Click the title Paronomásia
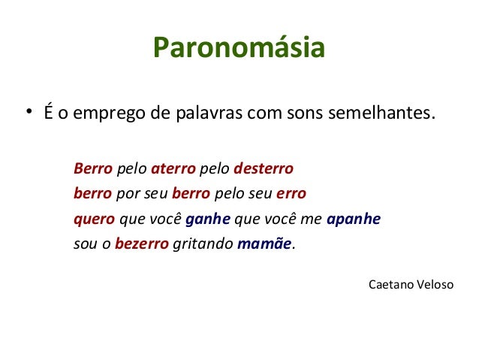pyautogui.click(x=239, y=48)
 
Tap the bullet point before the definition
pyautogui.click(x=26, y=114)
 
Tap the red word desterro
pyautogui.click(x=263, y=167)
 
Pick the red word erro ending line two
pyautogui.click(x=291, y=192)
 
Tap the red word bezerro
pyautogui.click(x=142, y=244)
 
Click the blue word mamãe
pyautogui.click(x=264, y=244)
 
